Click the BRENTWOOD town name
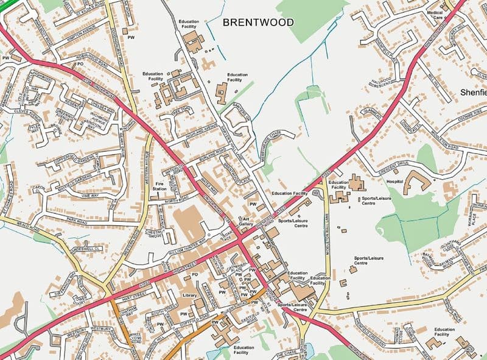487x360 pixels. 258,23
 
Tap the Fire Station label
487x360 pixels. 160,186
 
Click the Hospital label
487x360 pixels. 394,181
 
